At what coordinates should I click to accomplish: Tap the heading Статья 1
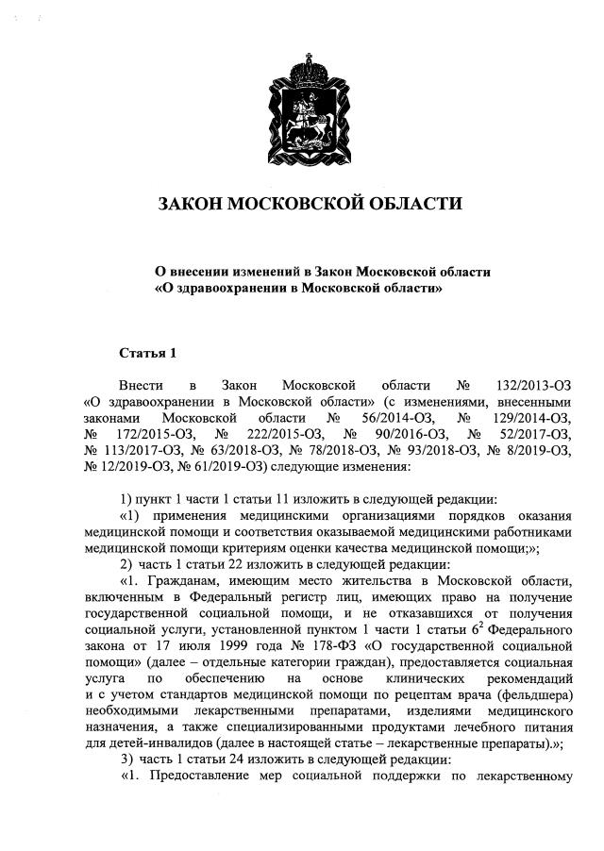[147, 353]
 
